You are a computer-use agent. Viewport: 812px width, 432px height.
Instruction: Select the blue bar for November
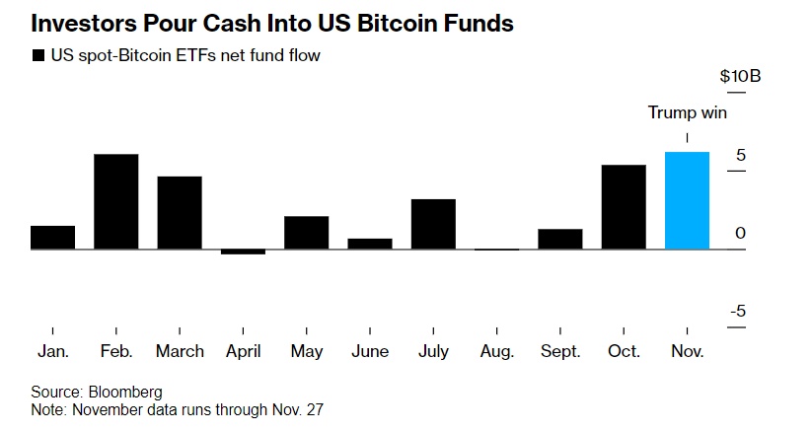687,200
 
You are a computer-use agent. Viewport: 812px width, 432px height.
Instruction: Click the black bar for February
115,201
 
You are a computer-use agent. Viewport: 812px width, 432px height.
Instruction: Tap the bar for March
180,212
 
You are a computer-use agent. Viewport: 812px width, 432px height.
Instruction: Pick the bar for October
624,206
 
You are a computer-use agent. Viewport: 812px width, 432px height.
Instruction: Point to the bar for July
433,224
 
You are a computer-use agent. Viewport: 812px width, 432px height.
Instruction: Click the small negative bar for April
243,252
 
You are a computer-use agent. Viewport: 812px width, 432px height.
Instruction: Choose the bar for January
52,237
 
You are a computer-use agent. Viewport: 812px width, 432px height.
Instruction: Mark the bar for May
306,232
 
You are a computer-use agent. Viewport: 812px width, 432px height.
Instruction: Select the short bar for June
370,244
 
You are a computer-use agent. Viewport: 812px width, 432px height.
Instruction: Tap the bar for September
559,239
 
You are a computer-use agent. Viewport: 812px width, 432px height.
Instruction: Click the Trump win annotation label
687,112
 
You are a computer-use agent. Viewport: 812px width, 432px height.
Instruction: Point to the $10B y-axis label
740,78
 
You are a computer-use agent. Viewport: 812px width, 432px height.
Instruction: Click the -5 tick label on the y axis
738,312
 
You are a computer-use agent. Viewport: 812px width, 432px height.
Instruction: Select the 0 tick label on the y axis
740,234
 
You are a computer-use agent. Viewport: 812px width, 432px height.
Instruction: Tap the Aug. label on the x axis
496,351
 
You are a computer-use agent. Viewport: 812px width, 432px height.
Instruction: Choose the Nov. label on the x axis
687,351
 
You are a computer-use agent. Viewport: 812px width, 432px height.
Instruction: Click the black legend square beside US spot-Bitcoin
38,56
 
